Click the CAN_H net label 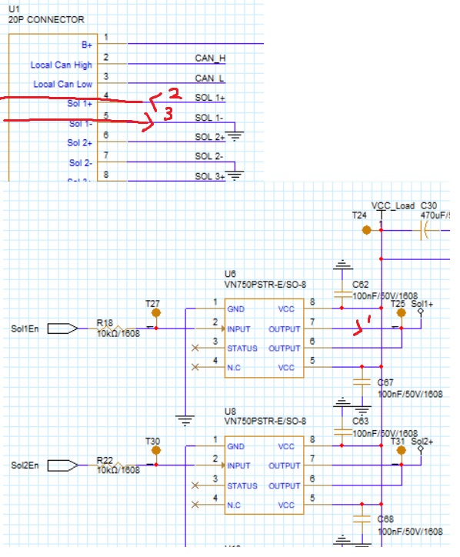click(x=210, y=58)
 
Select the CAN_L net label click(x=209, y=78)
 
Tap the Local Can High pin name click(x=61, y=65)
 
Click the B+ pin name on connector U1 click(x=86, y=46)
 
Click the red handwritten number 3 click(x=164, y=114)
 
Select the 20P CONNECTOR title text click(x=45, y=19)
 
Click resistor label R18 click(x=105, y=323)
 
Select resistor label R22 click(x=105, y=459)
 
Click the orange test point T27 click(x=156, y=313)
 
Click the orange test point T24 click(x=367, y=229)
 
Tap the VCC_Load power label click(x=392, y=206)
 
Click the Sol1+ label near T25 click(x=422, y=305)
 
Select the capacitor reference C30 click(x=428, y=206)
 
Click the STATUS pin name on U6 click(x=242, y=349)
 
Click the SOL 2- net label click(x=209, y=156)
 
